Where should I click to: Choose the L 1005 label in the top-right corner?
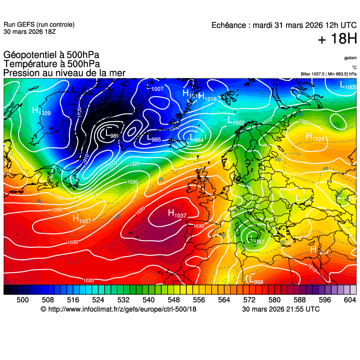click(348, 85)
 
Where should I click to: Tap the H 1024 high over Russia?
click(315, 136)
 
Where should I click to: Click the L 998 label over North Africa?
click(255, 279)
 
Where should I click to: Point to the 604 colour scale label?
click(349, 299)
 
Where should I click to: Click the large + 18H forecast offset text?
click(337, 39)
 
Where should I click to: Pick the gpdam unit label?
click(350, 58)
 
